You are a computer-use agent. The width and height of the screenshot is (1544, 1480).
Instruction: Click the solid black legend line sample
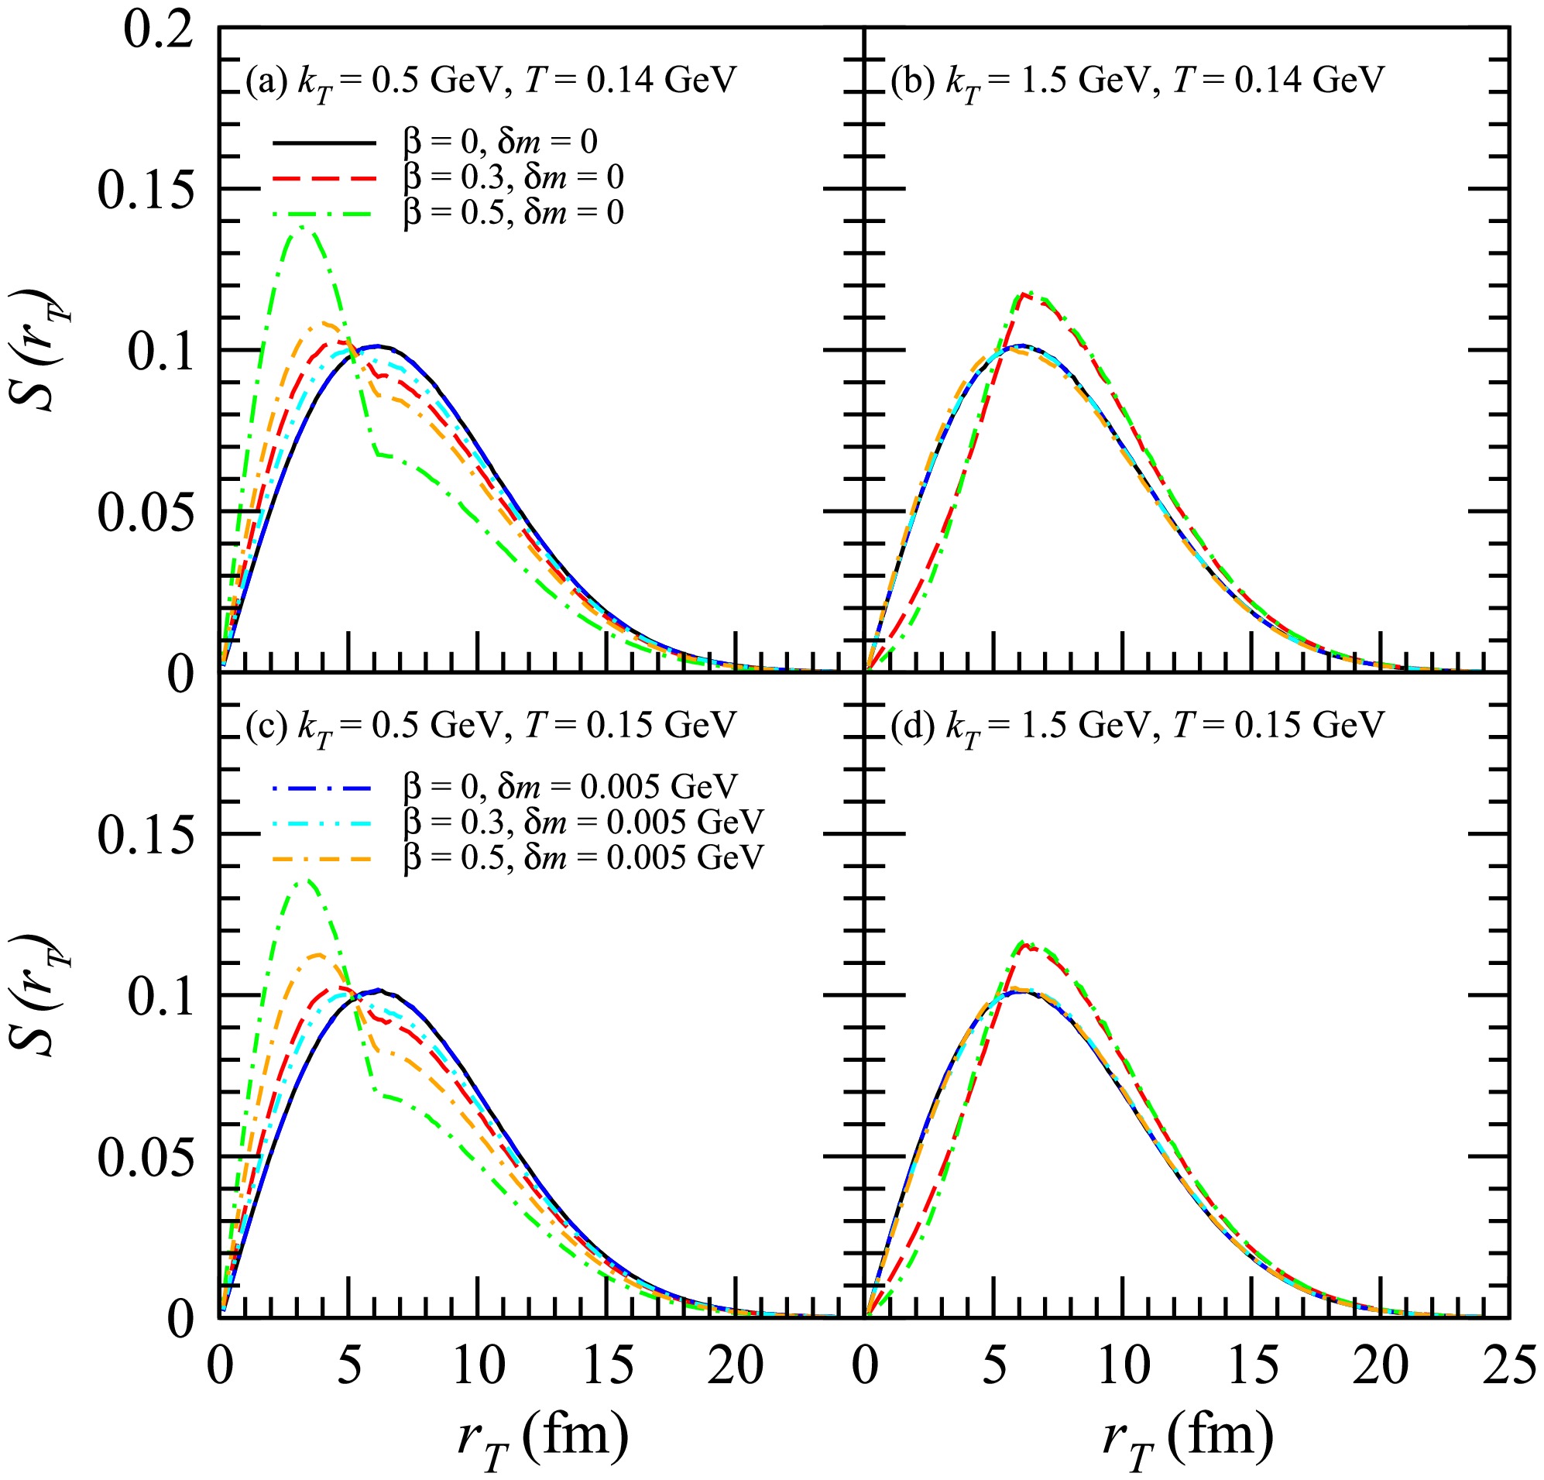(324, 143)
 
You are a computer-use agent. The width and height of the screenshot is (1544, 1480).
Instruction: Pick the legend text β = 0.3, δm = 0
(513, 177)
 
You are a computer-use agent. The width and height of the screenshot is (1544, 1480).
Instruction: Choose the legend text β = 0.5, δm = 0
(513, 212)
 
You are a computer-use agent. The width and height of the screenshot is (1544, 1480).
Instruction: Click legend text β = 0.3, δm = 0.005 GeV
(583, 821)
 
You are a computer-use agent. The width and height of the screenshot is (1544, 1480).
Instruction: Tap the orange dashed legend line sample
(324, 857)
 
